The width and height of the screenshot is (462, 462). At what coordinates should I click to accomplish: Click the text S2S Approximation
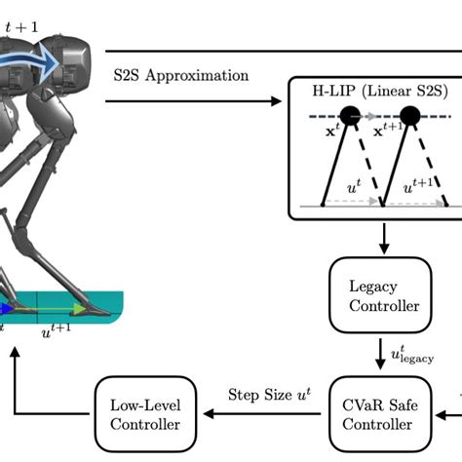pos(179,75)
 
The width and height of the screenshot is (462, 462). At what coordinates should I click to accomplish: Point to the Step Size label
pos(262,395)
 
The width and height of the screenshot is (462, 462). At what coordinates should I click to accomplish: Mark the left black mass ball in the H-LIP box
pos(350,116)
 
